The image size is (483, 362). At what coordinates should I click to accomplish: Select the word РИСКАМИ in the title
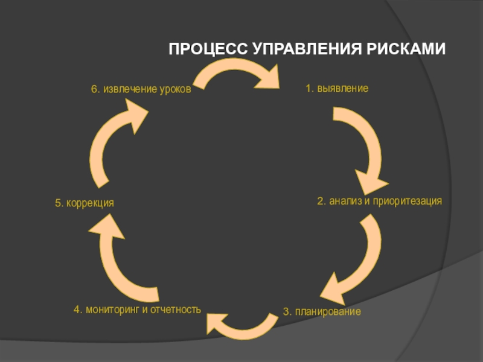pos(406,49)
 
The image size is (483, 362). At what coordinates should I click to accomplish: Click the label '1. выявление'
pos(336,89)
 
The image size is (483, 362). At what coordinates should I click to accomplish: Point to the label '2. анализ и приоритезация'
pos(380,200)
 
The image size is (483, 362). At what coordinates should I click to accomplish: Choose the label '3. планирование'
pos(322,312)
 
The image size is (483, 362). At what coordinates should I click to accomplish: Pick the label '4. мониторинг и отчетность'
pos(136,310)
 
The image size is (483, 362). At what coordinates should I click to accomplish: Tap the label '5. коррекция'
pos(85,203)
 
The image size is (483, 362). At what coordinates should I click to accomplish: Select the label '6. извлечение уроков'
pos(141,89)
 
